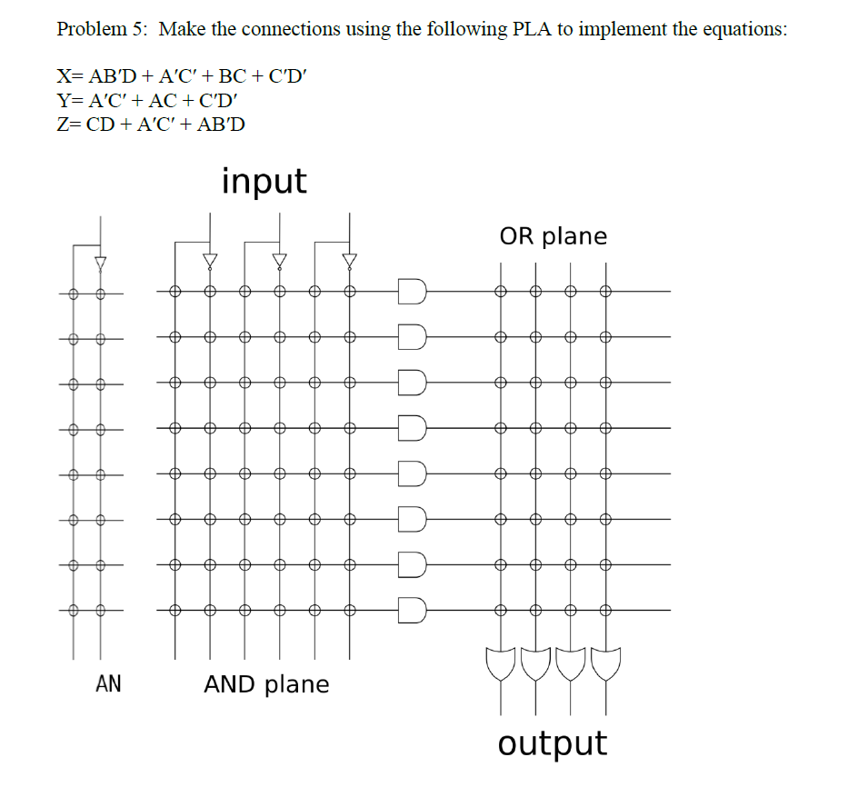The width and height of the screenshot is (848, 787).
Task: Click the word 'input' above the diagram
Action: point(264,182)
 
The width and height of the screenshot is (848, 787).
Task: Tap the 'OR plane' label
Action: point(553,236)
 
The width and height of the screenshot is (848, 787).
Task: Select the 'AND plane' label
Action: point(266,683)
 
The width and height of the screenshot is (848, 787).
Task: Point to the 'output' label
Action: point(552,742)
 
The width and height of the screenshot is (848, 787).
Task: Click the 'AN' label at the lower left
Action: point(108,683)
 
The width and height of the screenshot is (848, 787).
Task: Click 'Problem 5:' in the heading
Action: point(103,29)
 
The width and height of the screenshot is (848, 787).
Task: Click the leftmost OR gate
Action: point(500,665)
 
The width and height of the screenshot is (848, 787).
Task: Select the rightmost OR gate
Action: point(606,665)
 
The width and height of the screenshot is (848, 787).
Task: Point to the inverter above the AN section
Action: point(101,263)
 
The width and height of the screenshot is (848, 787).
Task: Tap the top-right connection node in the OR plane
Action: point(606,292)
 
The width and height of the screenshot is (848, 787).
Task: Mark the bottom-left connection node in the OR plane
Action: point(500,610)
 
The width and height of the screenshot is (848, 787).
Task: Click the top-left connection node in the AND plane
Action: point(175,292)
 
